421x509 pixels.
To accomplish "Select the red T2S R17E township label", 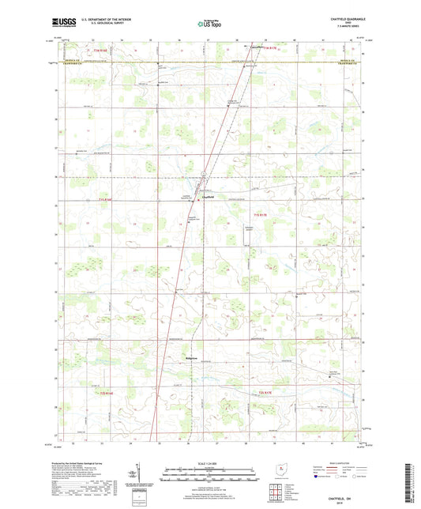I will click(269, 392).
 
